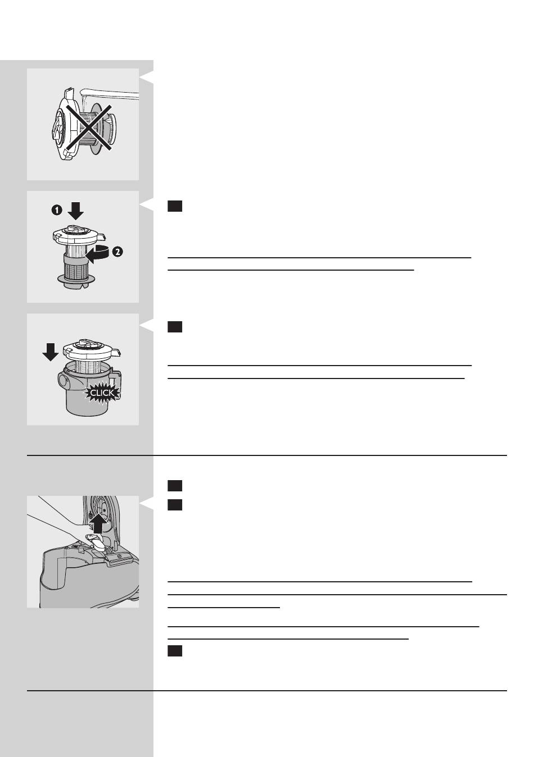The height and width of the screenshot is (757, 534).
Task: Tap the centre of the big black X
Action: pos(89,127)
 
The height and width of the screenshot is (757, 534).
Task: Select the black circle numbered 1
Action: pos(57,210)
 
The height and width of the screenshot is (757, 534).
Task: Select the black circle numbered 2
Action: pos(117,252)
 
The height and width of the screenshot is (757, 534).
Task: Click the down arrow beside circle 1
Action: pos(75,211)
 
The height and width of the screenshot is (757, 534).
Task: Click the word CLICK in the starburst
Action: pos(102,393)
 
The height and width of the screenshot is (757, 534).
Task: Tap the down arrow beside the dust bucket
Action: pos(51,352)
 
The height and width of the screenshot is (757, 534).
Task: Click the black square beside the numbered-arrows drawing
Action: pos(175,206)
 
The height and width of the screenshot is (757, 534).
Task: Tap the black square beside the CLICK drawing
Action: pos(175,327)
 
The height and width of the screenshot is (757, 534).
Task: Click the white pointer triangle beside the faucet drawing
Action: pos(147,77)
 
